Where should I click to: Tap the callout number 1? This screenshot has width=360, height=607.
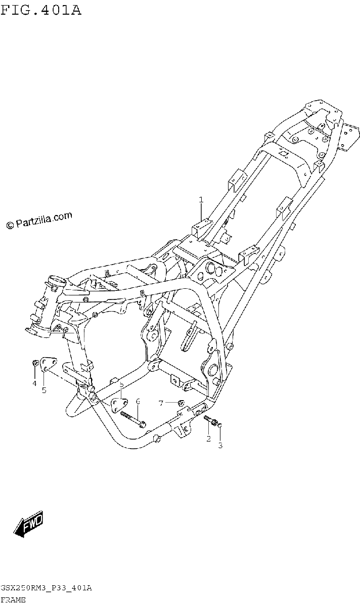pos(201,200)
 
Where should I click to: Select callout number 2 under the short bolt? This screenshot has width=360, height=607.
pos(208,439)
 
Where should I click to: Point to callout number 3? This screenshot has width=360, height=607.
pos(220,445)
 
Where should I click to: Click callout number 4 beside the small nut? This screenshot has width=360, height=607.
pos(34,383)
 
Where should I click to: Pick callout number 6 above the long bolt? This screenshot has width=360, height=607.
pos(138,401)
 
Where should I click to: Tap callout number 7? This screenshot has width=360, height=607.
pos(161,404)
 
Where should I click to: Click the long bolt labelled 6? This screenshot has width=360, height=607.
pos(133,419)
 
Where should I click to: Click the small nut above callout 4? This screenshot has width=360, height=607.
pos(35,363)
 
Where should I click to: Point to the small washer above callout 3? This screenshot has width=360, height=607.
pos(220,424)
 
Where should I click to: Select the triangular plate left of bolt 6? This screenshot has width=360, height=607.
pos(119,405)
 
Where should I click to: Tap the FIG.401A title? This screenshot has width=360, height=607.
pos(40,10)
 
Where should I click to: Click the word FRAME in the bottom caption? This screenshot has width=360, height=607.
pos(13,600)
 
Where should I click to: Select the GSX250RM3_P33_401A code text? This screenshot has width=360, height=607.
pos(47,588)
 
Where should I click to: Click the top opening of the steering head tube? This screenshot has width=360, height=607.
pos(57,280)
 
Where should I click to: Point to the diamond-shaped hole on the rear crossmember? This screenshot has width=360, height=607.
pos(283,154)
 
